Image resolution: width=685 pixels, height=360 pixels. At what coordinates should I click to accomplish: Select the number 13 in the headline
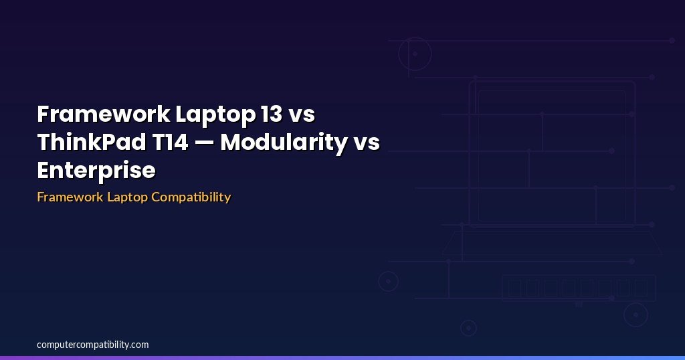pos(271,114)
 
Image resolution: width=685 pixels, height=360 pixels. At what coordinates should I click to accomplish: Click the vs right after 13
pos(301,114)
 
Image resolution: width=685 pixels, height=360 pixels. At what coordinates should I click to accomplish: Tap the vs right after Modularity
pos(366,143)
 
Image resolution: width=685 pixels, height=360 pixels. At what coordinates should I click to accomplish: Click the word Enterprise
pos(96,171)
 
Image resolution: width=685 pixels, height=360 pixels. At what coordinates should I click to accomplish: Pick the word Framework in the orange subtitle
pos(70,197)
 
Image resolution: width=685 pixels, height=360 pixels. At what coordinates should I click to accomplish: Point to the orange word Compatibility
pos(191,197)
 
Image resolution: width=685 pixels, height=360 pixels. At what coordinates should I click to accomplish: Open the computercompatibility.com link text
pos(93,345)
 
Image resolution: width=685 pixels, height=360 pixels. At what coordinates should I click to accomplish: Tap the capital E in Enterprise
pos(43,171)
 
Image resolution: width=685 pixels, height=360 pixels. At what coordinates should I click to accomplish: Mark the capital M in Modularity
pos(232,143)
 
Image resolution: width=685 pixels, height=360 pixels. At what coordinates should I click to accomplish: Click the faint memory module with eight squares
pos(579,288)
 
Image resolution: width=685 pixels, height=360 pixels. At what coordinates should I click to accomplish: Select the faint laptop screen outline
pos(552,154)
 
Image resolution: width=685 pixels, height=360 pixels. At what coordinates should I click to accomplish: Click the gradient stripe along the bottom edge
pos(342,357)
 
